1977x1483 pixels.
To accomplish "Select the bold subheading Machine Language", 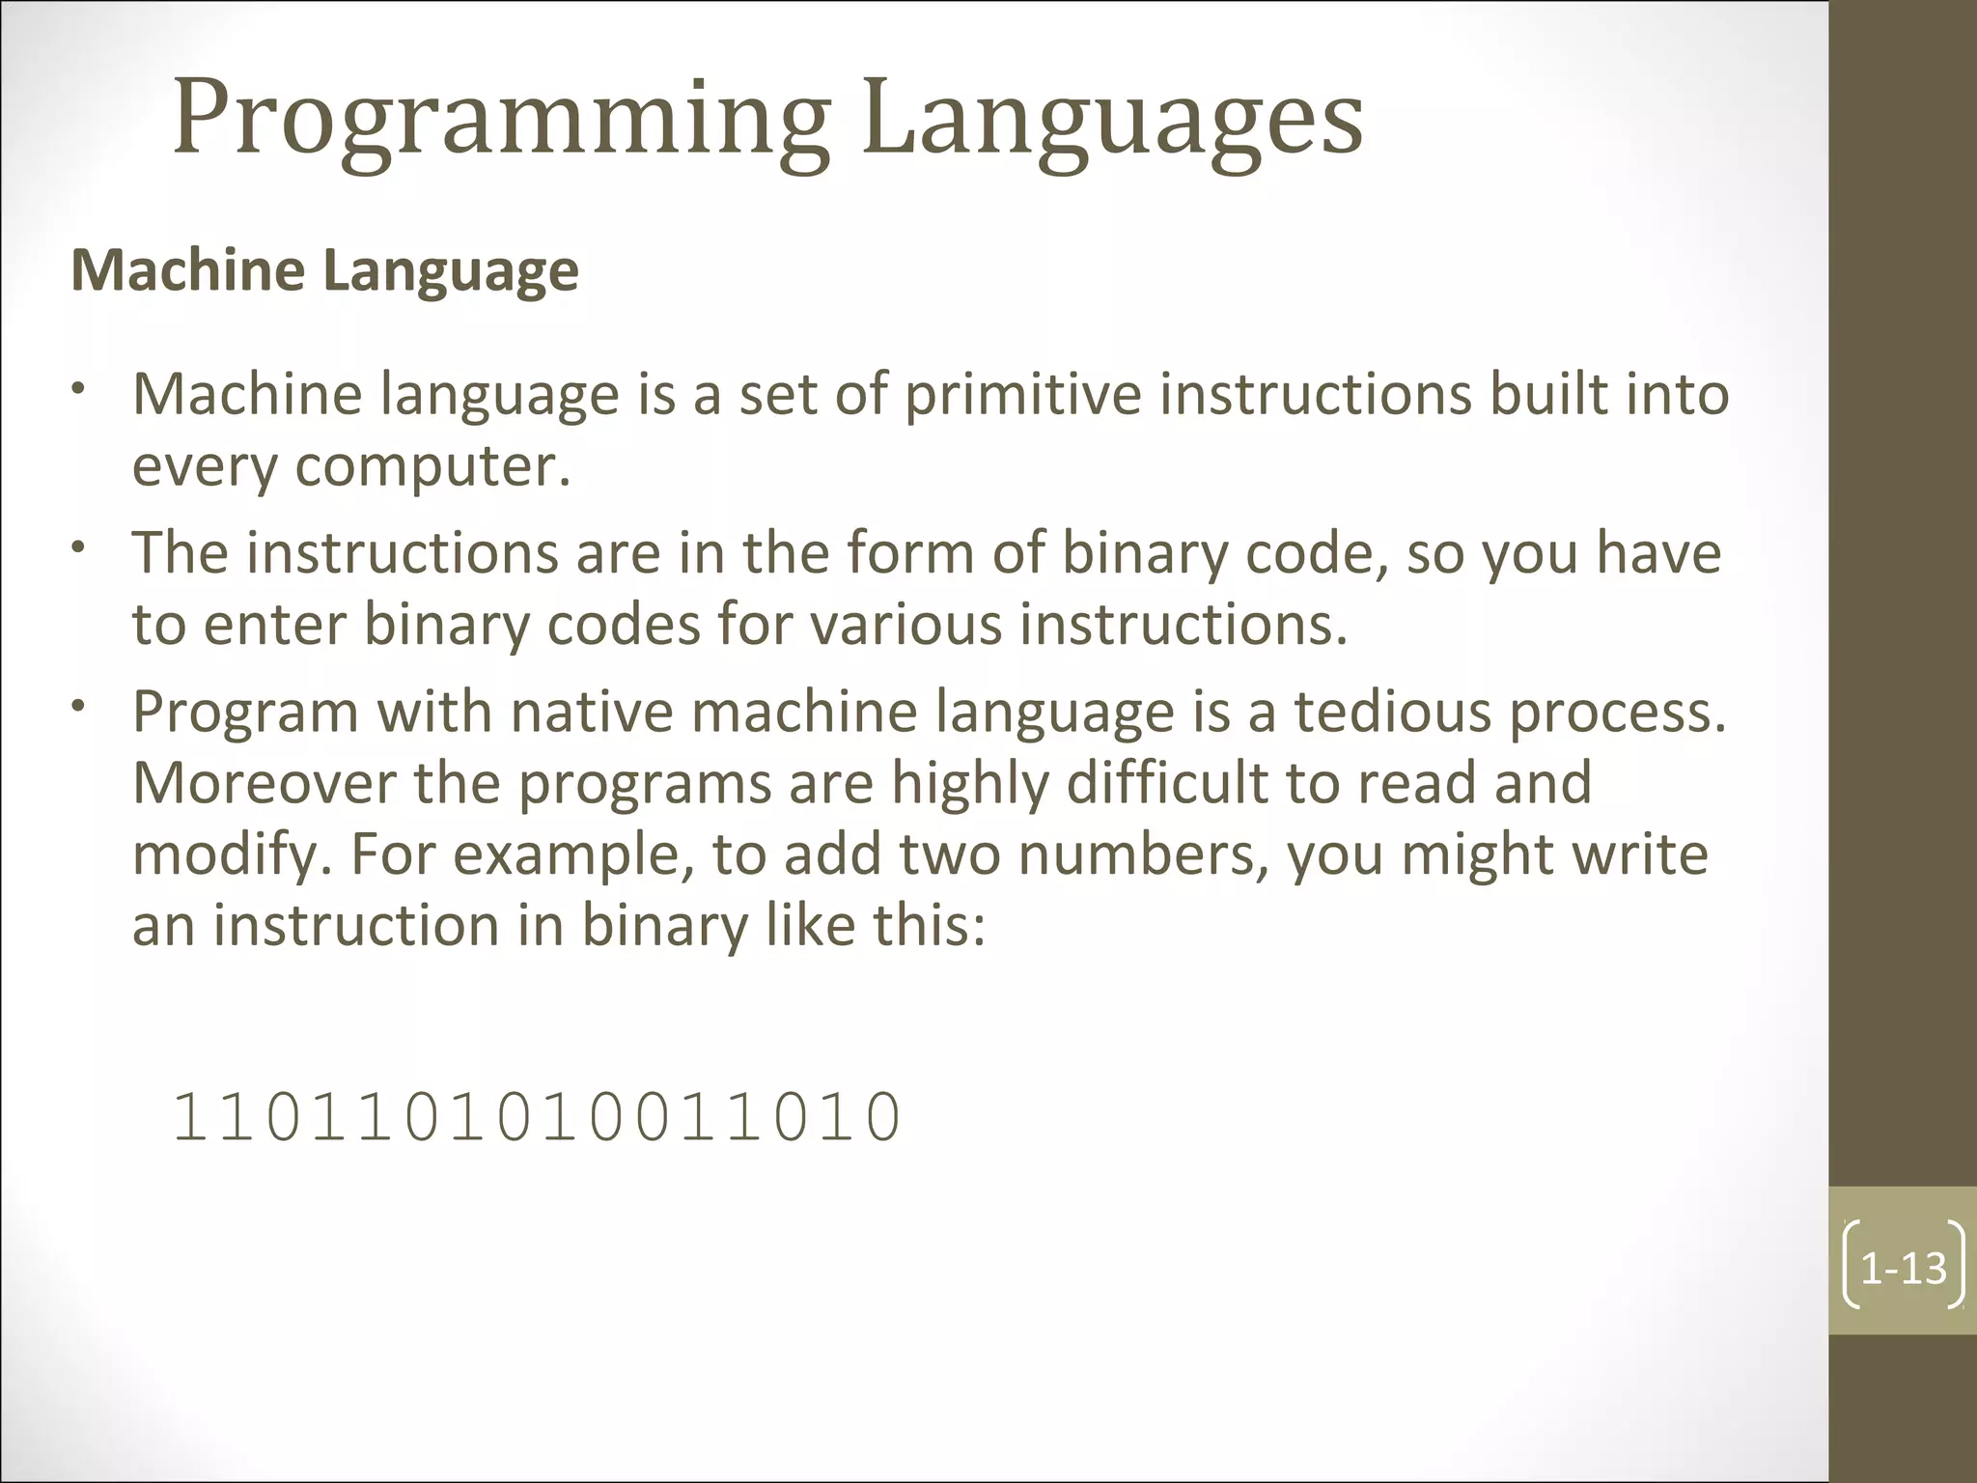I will (325, 270).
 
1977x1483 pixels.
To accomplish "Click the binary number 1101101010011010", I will (537, 1117).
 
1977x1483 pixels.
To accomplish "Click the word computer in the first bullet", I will (432, 466).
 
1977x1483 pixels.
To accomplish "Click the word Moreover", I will (264, 783).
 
